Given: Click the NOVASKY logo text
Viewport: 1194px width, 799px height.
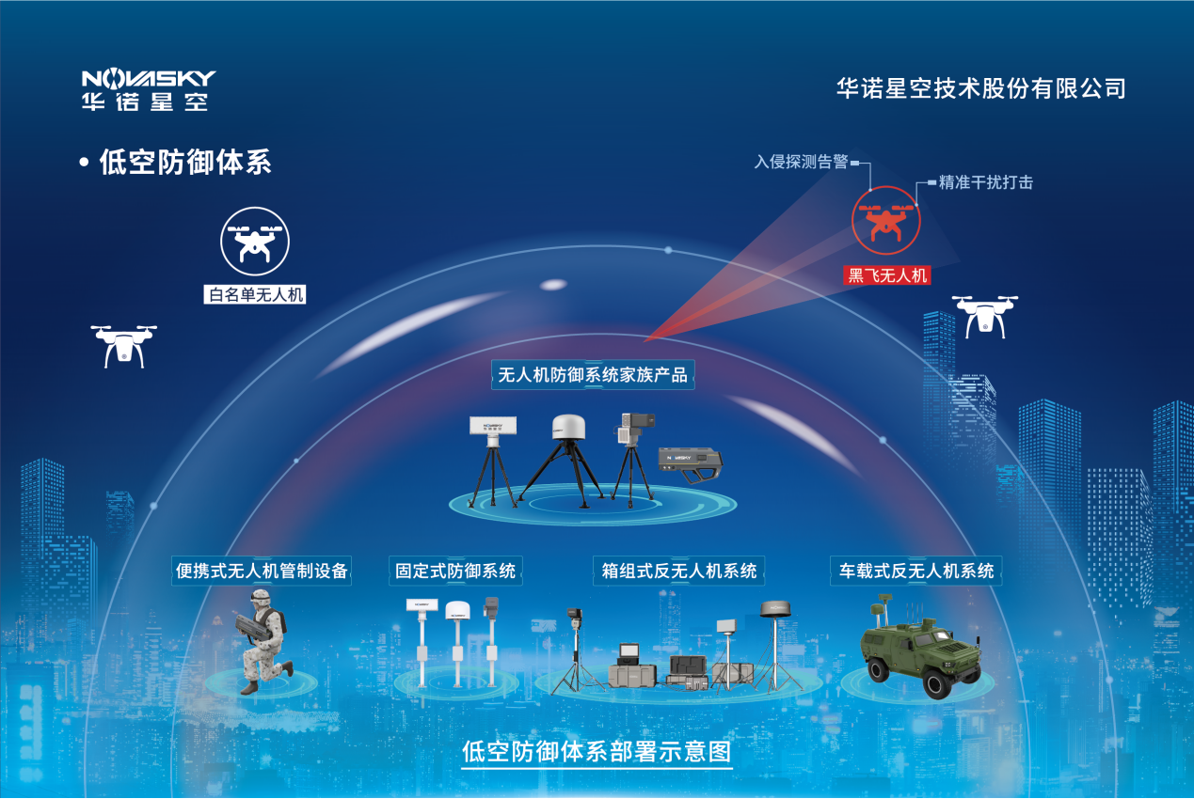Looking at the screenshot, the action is (149, 79).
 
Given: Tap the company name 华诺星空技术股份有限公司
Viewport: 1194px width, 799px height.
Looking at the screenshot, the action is (980, 88).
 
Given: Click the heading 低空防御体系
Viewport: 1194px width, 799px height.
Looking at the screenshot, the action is (185, 162).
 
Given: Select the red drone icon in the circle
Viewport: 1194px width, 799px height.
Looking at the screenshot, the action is (886, 220).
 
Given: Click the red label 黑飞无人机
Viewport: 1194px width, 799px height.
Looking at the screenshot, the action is (887, 275).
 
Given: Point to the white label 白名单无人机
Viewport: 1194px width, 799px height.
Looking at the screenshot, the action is (255, 294).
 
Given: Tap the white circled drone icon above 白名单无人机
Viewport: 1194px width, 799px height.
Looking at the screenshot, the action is (255, 242).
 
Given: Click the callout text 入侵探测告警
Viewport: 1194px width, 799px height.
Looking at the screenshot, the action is (801, 162).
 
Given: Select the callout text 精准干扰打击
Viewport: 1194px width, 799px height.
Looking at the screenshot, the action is (985, 182).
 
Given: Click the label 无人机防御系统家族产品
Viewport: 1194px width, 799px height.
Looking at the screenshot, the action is (593, 375).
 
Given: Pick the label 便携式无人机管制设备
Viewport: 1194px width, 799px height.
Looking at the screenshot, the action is (262, 571).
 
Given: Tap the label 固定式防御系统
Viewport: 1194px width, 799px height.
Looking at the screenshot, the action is (455, 571).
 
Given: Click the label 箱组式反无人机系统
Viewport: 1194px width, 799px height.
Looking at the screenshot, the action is (679, 571).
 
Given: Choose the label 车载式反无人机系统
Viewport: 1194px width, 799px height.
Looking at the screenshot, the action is (916, 571).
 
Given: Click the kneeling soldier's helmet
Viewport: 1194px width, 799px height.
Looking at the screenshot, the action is (262, 597).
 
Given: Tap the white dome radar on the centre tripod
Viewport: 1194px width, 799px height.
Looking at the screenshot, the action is (568, 427).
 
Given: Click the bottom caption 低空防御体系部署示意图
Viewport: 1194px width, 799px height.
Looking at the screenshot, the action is (597, 752).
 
